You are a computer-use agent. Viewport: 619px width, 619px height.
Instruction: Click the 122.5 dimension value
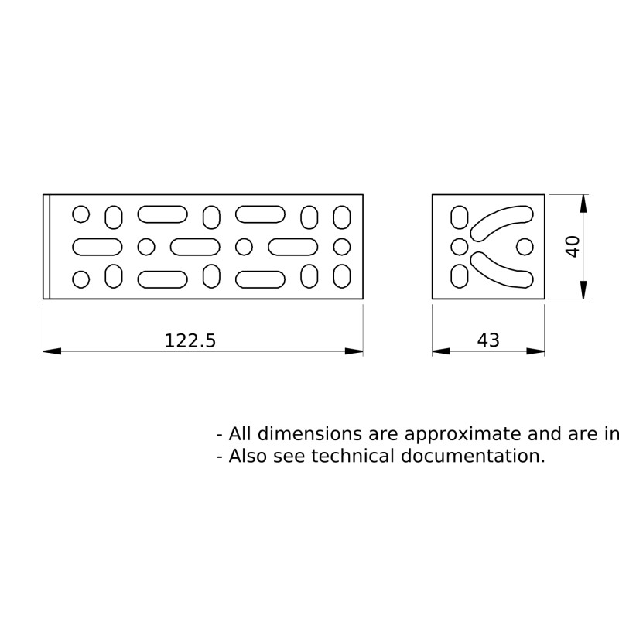pyautogui.click(x=190, y=340)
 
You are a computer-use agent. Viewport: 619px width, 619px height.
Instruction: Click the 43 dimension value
pyautogui.click(x=488, y=340)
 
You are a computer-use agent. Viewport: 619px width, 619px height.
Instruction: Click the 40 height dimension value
pyautogui.click(x=573, y=247)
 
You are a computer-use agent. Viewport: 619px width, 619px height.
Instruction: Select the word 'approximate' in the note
pyautogui.click(x=463, y=434)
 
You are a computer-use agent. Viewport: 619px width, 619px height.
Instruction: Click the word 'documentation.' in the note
pyautogui.click(x=473, y=456)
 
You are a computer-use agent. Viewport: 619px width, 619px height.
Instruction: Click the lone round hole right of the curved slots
pyautogui.click(x=525, y=247)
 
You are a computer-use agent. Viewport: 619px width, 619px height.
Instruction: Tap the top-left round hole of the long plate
pyautogui.click(x=81, y=214)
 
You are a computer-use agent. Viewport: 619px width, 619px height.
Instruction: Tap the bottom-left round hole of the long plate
pyautogui.click(x=81, y=279)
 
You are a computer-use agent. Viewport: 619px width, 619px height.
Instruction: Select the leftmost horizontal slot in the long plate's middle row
pyautogui.click(x=97, y=247)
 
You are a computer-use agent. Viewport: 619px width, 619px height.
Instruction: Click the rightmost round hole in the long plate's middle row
pyautogui.click(x=342, y=247)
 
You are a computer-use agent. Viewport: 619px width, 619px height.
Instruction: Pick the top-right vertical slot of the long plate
pyautogui.click(x=342, y=217)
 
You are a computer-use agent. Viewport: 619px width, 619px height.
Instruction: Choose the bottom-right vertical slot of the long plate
pyautogui.click(x=342, y=276)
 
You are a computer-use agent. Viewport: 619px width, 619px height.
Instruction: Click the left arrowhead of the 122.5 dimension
pyautogui.click(x=52, y=351)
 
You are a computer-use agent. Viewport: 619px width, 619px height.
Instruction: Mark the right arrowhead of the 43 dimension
pyautogui.click(x=535, y=351)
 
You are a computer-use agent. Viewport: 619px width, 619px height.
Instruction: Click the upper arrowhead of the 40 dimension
pyautogui.click(x=583, y=203)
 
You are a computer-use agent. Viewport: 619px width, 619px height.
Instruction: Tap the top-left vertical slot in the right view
pyautogui.click(x=460, y=217)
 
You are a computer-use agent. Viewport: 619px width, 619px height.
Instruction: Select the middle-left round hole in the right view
pyautogui.click(x=460, y=247)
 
